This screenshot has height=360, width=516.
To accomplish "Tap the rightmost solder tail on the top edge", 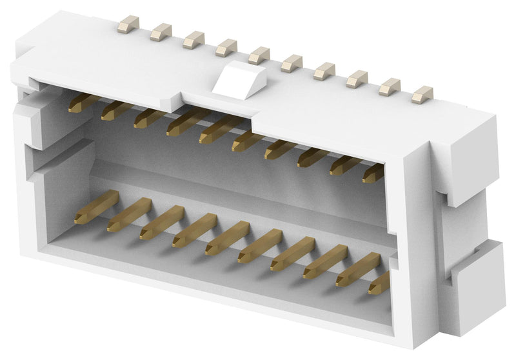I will tap(422, 95).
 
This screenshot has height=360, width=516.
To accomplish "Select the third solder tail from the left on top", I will tap(193, 41).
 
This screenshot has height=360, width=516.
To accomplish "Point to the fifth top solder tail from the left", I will tap(259, 56).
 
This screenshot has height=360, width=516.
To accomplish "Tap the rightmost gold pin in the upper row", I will tap(373, 173).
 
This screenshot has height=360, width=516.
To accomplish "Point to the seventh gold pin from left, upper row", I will tap(279, 150).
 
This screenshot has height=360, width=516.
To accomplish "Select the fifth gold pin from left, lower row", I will tap(226, 238).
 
